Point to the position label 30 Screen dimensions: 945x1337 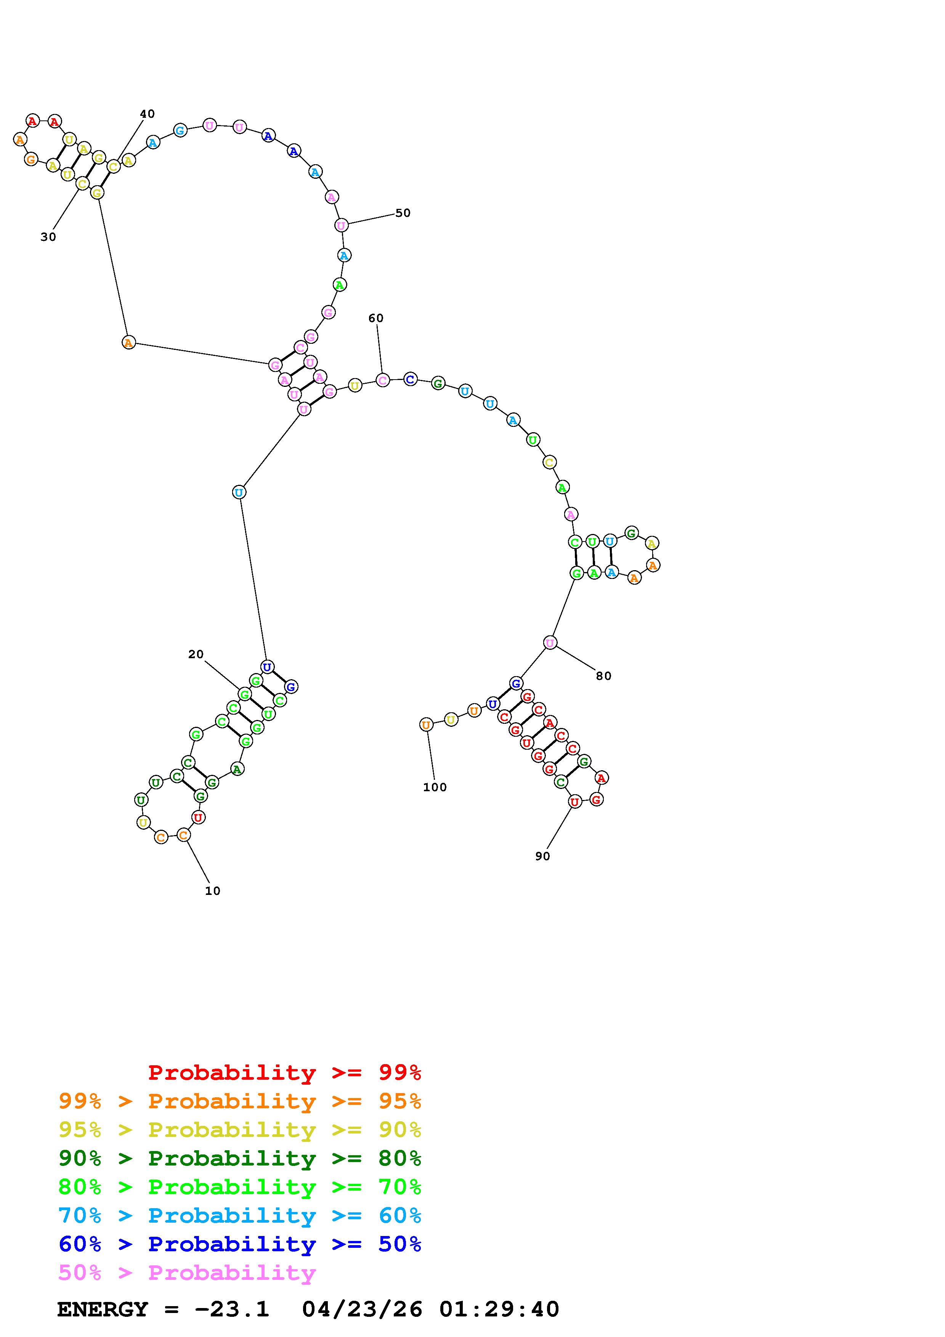pyautogui.click(x=48, y=237)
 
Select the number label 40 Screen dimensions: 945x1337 pyautogui.click(x=147, y=114)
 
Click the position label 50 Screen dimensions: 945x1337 pyautogui.click(x=403, y=213)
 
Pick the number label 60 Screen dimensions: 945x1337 pyautogui.click(x=376, y=318)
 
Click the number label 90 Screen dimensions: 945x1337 pyautogui.click(x=543, y=856)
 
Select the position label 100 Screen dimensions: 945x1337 pyautogui.click(x=435, y=787)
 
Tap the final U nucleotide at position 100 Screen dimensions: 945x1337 pyautogui.click(x=426, y=725)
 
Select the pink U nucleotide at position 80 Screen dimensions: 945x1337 pyautogui.click(x=550, y=643)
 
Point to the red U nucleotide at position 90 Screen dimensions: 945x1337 pyautogui.click(x=575, y=802)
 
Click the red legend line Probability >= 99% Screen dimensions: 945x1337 pyautogui.click(x=285, y=1072)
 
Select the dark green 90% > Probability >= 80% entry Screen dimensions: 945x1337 pyautogui.click(x=240, y=1158)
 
